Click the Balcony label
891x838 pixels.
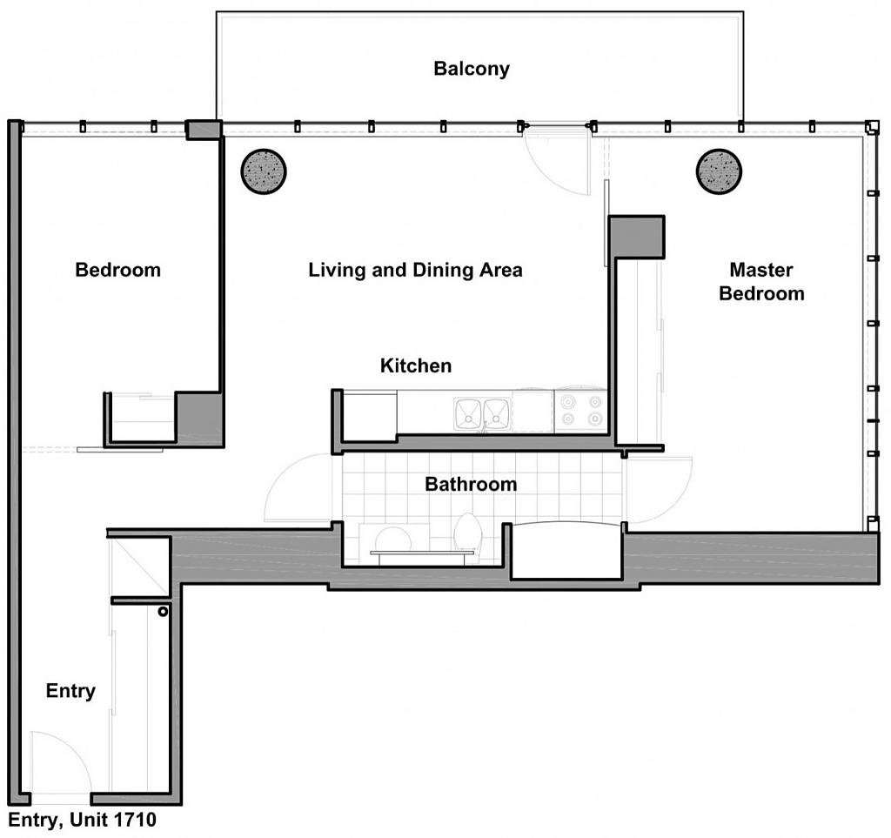(x=472, y=69)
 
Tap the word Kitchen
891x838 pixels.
(x=416, y=365)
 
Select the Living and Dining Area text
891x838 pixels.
(x=415, y=270)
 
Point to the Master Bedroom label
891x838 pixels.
(x=761, y=281)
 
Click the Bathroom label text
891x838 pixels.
(x=470, y=484)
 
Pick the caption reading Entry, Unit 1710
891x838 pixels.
(x=83, y=820)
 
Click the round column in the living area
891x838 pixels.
(x=263, y=171)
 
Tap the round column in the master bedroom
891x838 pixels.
(x=719, y=171)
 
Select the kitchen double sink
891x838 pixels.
(x=482, y=412)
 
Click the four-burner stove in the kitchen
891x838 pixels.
(x=580, y=411)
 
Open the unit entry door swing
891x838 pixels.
(x=59, y=762)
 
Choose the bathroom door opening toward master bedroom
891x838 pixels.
(x=658, y=489)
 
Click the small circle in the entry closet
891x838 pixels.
(x=163, y=612)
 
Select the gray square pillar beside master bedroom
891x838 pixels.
(x=637, y=237)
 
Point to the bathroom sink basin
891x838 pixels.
(x=392, y=539)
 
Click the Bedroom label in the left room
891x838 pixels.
(x=117, y=270)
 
